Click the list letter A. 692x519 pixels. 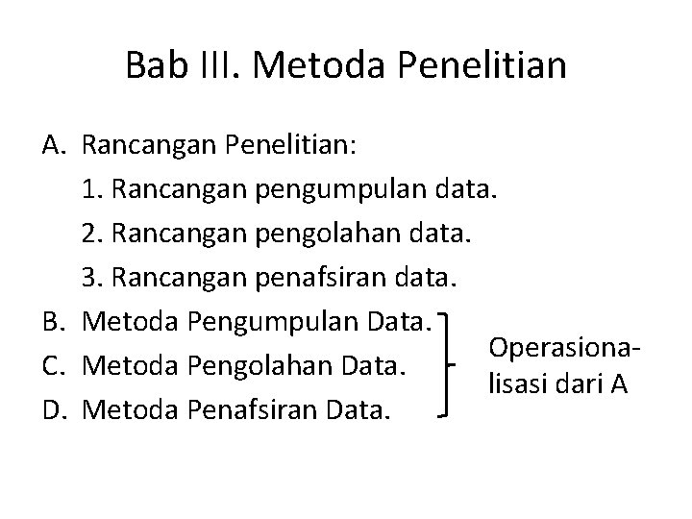[x=53, y=146]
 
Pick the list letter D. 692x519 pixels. [x=53, y=409]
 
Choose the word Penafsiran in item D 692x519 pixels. [x=248, y=409]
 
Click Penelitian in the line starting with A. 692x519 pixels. [x=288, y=146]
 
